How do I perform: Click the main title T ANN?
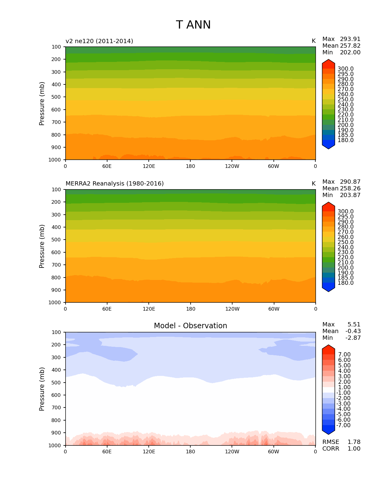pos(193,25)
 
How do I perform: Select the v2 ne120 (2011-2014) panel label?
pos(99,41)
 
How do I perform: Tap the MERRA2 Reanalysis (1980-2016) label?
pos(114,184)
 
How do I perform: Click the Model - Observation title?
pos(190,326)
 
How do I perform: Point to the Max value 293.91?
pos(350,39)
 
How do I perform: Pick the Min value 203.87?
pos(350,195)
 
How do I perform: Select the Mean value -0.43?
pos(353,331)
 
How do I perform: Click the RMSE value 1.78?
pos(354,442)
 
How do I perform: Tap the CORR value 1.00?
pos(354,449)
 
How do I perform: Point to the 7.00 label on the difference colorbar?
pos(345,355)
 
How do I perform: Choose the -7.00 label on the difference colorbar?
pos(343,425)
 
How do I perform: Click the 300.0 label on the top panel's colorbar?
pos(345,69)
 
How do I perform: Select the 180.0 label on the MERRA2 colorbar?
pos(345,283)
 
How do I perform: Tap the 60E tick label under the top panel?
pos(107,166)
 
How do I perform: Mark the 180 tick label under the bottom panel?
pos(190,452)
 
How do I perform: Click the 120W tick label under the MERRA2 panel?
pos(232,309)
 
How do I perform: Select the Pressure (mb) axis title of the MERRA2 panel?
pos(42,246)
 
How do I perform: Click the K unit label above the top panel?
pos(314,41)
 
